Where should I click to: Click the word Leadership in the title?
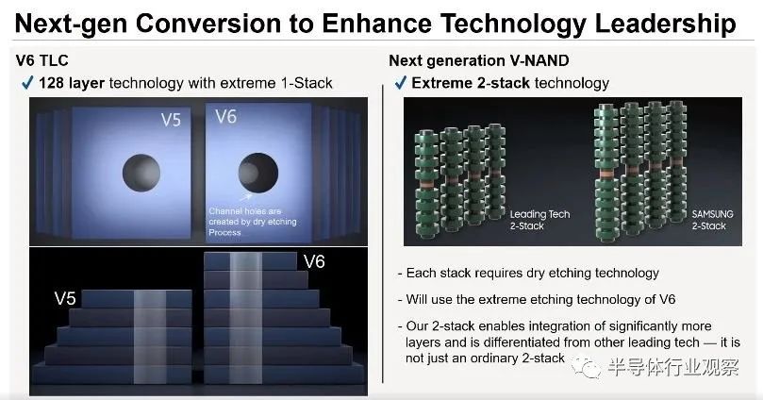coord(665,25)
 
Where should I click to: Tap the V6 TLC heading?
coord(42,60)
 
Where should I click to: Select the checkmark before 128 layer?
coord(27,83)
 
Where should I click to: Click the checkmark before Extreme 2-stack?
coord(401,83)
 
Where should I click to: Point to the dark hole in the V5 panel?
coord(141,173)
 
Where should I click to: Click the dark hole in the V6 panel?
coord(257,173)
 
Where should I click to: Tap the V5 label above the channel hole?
coord(171,120)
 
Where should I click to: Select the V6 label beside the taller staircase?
coord(314,262)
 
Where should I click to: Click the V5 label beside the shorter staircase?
coord(65,298)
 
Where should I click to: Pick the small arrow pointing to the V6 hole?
coord(246,197)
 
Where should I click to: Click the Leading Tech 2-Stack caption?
coord(539,220)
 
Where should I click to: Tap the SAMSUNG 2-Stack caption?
coord(712,220)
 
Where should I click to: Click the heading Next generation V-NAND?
coord(479,60)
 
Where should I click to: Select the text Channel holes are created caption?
coord(253,222)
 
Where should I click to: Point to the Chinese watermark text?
coord(673,367)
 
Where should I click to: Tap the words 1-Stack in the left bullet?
coord(307,83)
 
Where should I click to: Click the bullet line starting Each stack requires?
coord(528,273)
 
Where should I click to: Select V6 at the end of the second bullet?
coord(667,299)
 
